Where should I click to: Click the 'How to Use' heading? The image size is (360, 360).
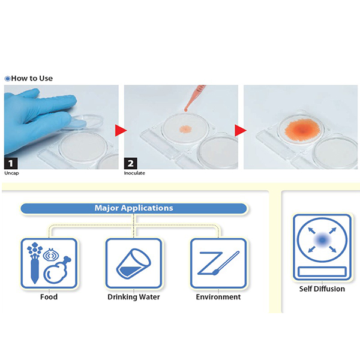pyautogui.click(x=32, y=78)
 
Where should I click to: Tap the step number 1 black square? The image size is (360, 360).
pyautogui.click(x=11, y=163)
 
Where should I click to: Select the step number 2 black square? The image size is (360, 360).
pyautogui.click(x=130, y=163)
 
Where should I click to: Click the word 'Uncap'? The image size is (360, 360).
pyautogui.click(x=11, y=173)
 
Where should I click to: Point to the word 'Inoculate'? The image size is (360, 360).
pyautogui.click(x=134, y=173)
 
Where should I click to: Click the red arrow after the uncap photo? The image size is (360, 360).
pyautogui.click(x=121, y=130)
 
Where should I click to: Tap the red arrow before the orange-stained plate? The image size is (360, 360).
pyautogui.click(x=241, y=130)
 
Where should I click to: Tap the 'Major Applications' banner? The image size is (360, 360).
pyautogui.click(x=134, y=208)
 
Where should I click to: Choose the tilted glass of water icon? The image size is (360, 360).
pyautogui.click(x=134, y=263)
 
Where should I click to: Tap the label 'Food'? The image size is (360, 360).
pyautogui.click(x=49, y=297)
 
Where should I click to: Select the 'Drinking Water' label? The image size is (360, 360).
pyautogui.click(x=134, y=297)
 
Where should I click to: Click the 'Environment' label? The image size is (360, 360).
pyautogui.click(x=218, y=297)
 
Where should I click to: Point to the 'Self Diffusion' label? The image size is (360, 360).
pyautogui.click(x=322, y=289)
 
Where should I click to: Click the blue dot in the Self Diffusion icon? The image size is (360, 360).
pyautogui.click(x=322, y=240)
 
